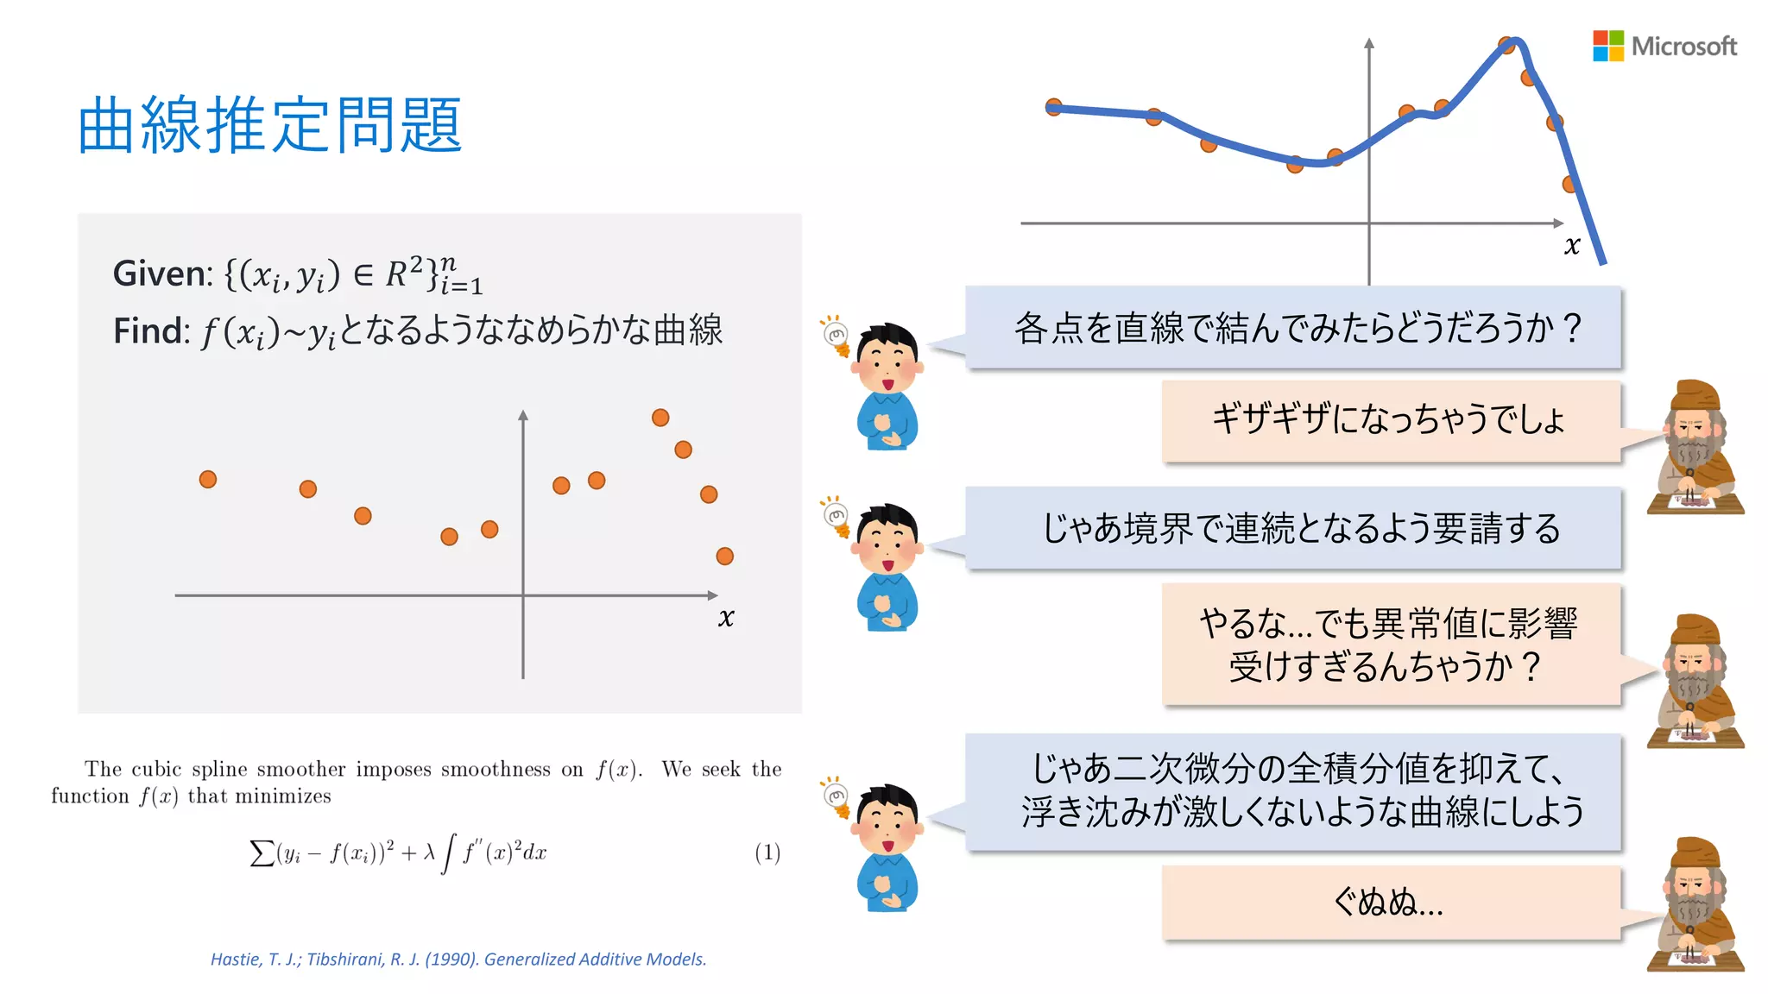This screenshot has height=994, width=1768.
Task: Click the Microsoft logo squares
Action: [1607, 46]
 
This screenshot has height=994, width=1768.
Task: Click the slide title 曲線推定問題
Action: [270, 126]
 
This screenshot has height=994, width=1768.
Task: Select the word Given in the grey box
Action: [161, 274]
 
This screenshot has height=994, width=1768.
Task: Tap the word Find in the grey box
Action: [150, 331]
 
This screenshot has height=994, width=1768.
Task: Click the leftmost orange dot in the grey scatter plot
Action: [208, 480]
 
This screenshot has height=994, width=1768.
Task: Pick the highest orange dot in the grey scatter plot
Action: [660, 418]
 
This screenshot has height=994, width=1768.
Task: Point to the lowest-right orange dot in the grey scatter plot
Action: [725, 557]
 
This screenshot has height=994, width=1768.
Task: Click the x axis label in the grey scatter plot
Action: [726, 617]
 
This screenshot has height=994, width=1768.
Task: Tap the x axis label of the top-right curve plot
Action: [1572, 246]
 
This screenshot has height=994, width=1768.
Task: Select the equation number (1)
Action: [767, 852]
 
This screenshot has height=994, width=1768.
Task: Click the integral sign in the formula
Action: [447, 853]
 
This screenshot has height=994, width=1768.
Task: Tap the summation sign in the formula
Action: [261, 853]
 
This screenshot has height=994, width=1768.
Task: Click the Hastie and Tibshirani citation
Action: [458, 959]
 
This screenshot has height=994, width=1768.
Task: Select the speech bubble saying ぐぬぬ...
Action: [1390, 903]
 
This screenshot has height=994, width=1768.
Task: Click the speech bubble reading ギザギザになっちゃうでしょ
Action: [1390, 420]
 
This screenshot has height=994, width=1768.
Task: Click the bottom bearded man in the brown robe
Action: [1694, 906]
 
